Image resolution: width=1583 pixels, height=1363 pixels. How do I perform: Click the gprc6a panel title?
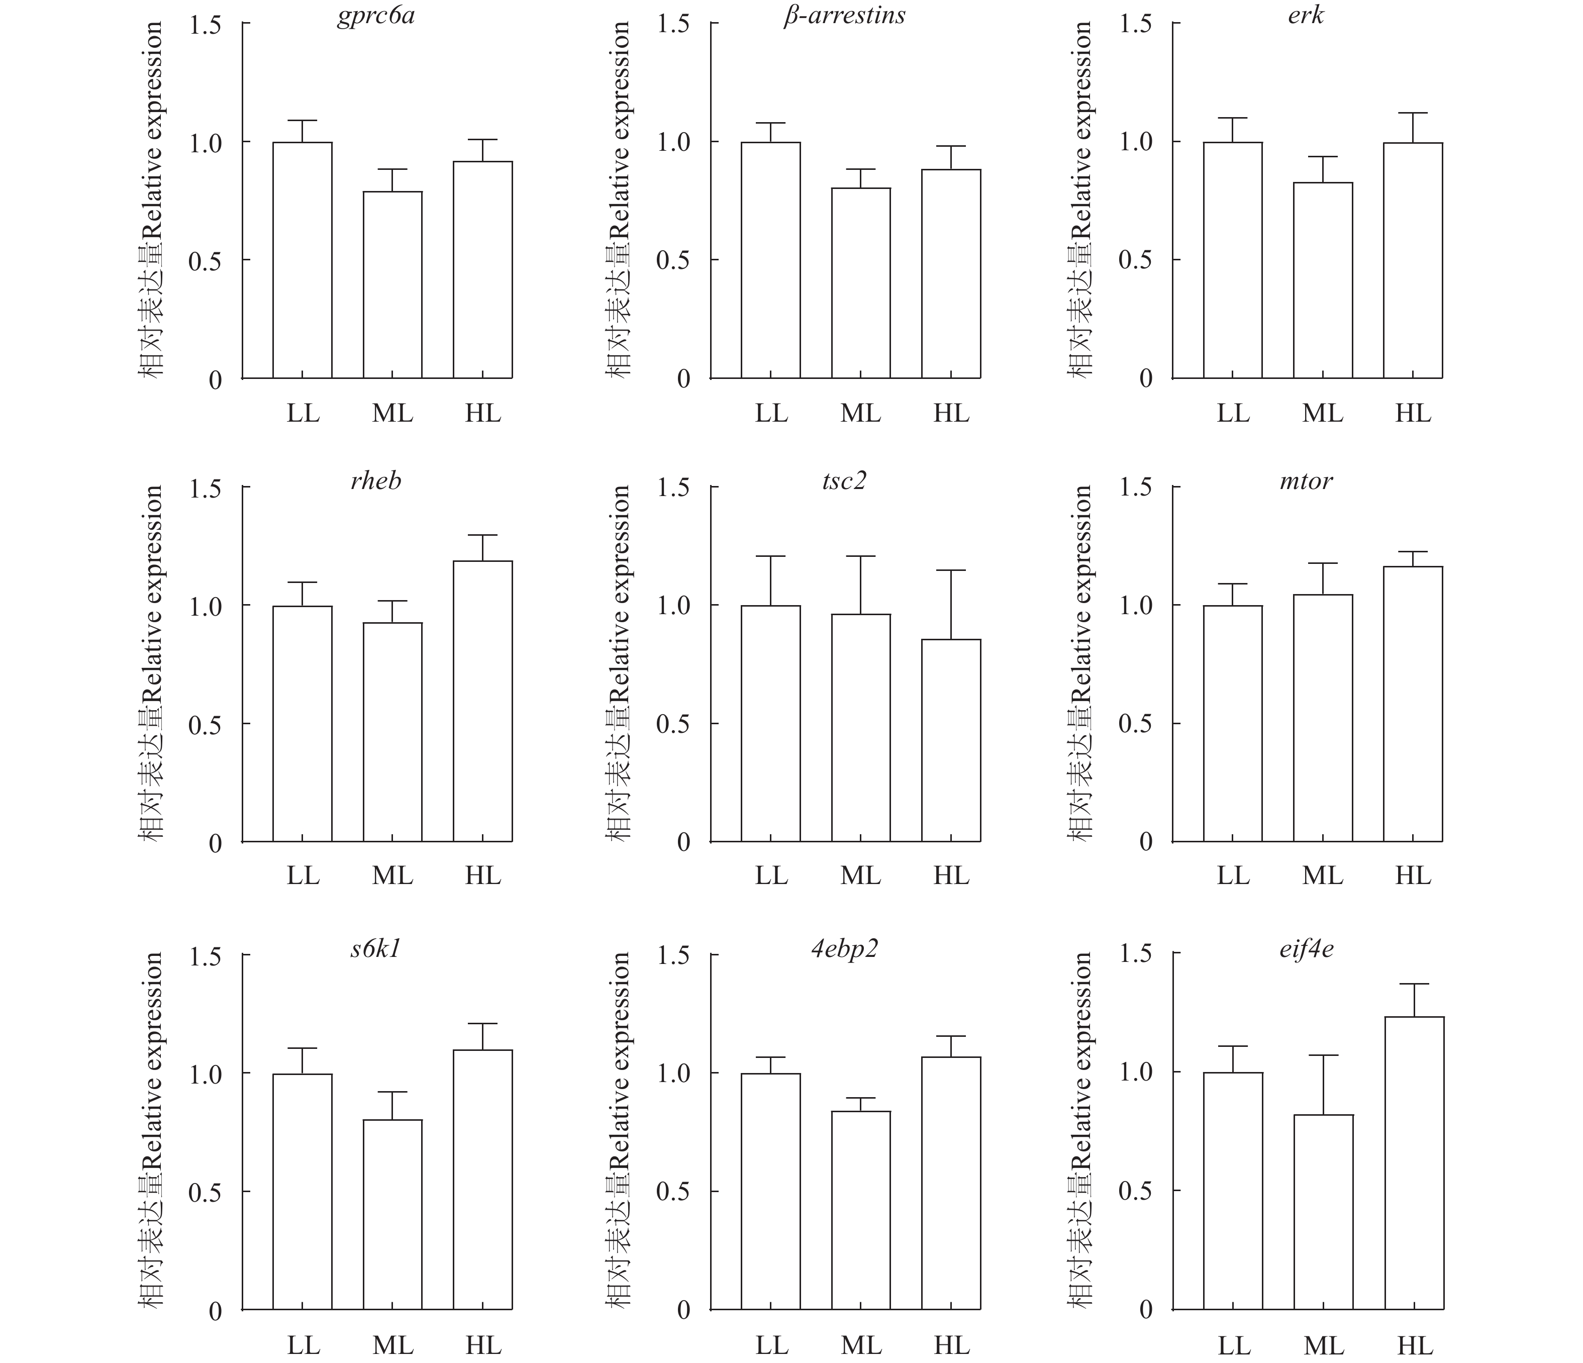coord(376,15)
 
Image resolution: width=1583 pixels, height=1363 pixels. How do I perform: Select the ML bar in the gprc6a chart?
coord(392,284)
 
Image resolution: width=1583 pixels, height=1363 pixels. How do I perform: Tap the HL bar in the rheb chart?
coord(483,702)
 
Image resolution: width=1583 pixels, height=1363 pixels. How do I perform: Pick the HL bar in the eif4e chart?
coord(1414,1163)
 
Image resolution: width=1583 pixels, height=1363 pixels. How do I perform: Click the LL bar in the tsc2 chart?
coord(771,724)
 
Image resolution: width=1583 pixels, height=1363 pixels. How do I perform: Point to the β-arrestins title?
coord(844,15)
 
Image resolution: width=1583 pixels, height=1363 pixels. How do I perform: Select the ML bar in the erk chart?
coord(1323,280)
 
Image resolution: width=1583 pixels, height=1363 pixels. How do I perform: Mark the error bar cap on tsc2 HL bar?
coord(951,570)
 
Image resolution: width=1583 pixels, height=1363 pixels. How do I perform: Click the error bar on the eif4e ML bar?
coord(1323,1085)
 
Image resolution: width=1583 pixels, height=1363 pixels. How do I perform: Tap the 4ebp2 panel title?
coord(844,949)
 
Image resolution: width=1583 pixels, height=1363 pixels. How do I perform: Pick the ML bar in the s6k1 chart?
coord(392,1215)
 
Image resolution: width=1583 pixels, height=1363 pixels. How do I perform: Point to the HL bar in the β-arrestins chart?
coord(951,273)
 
